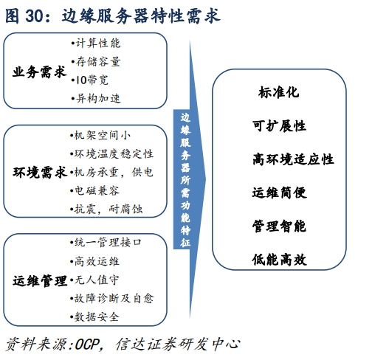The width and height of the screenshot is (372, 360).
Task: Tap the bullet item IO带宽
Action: click(89, 80)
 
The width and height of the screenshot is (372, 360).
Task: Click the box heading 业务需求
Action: click(40, 72)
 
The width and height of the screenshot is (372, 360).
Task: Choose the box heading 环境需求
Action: click(40, 172)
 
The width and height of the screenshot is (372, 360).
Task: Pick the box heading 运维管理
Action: click(40, 281)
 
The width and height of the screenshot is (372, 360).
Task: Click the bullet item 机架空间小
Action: click(100, 135)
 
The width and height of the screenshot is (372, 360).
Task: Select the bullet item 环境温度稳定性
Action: click(111, 153)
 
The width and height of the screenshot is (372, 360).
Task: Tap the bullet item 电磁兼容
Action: click(94, 190)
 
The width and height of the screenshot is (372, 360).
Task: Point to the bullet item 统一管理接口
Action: click(106, 243)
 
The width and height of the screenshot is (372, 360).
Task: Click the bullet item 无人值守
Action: click(94, 280)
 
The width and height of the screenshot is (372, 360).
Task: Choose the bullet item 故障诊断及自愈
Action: click(112, 298)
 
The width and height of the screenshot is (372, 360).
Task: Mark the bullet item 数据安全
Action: click(94, 316)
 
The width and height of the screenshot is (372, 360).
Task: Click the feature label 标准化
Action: click(279, 92)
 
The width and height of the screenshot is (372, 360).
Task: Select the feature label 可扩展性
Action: click(279, 126)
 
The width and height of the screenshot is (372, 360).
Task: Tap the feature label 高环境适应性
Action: click(293, 159)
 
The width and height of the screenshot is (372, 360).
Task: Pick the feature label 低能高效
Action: click(279, 260)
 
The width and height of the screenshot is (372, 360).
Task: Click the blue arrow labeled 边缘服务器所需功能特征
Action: click(190, 179)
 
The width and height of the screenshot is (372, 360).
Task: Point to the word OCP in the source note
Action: click(87, 344)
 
